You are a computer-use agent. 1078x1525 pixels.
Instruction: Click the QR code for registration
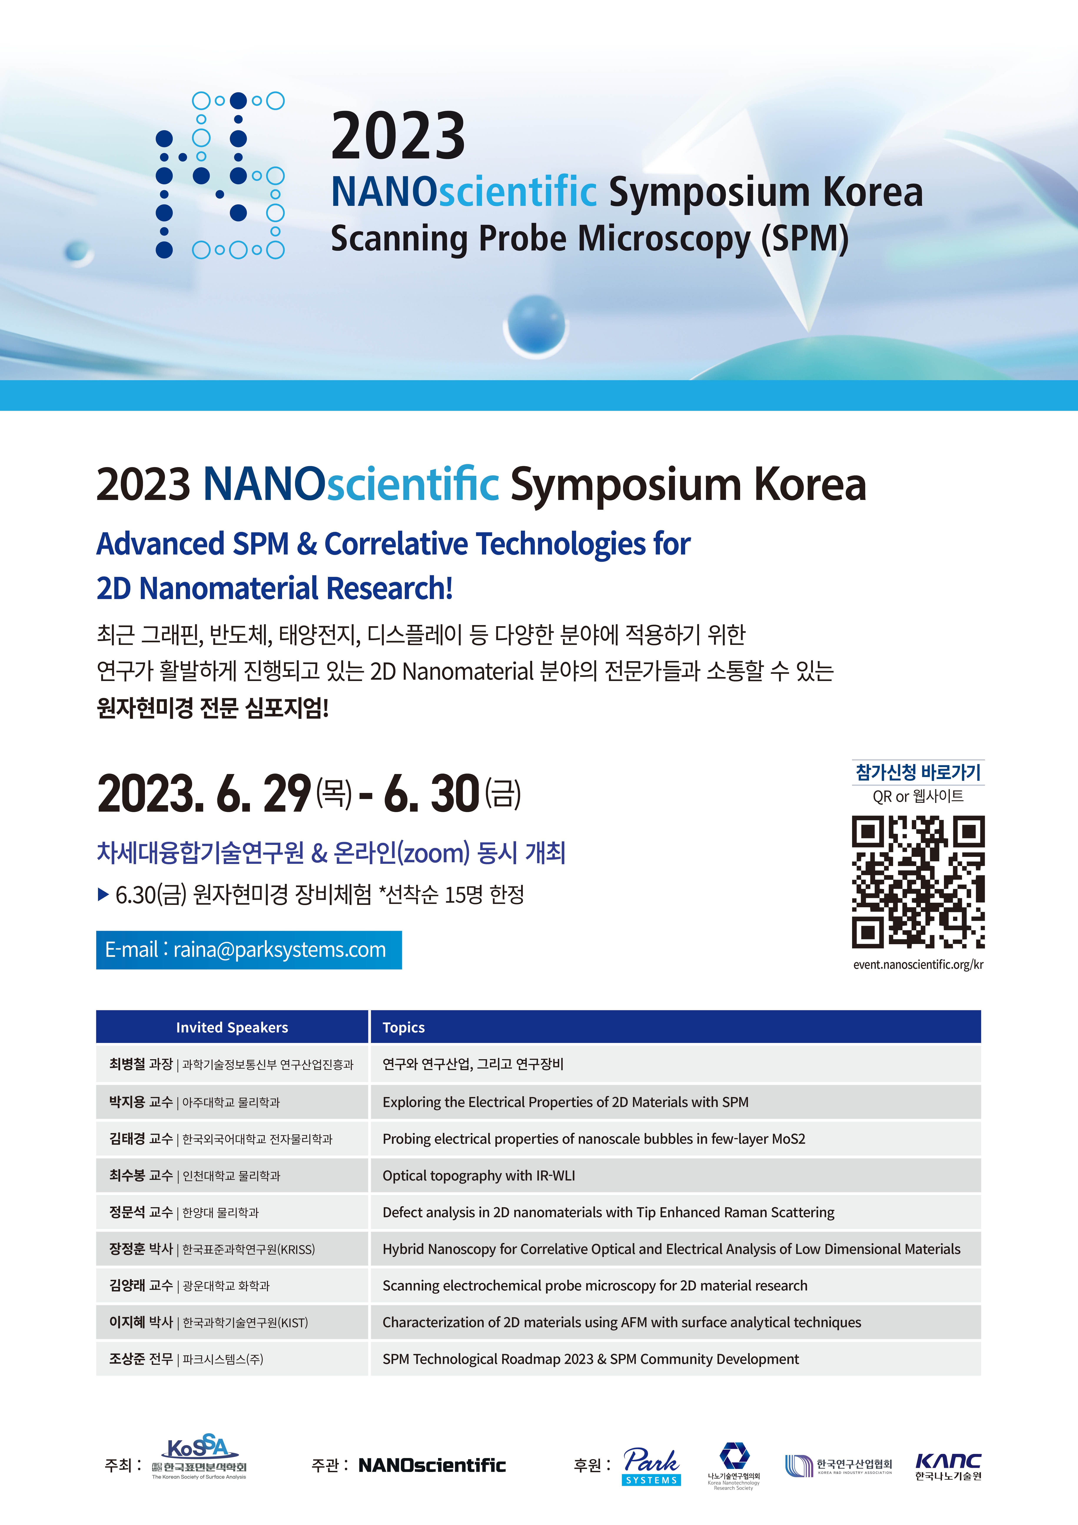click(918, 881)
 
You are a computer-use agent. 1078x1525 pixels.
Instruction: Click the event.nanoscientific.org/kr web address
click(918, 964)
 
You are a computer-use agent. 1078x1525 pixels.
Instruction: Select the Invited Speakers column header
click(232, 1027)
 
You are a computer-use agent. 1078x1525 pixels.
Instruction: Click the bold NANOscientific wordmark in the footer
click(432, 1465)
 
